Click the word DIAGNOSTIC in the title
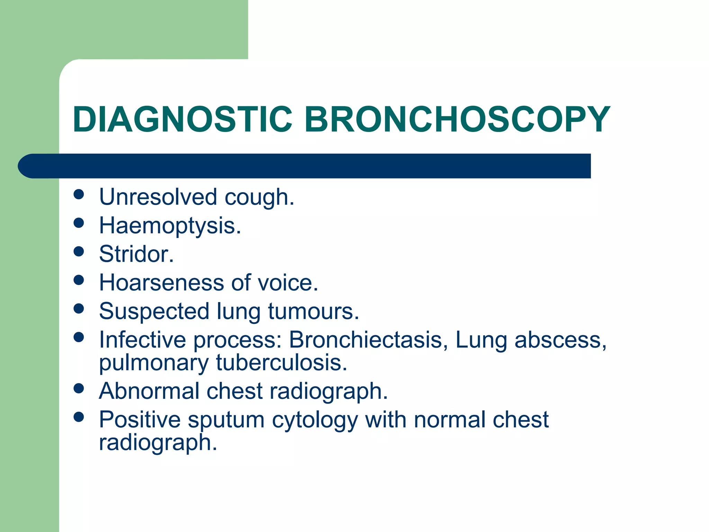pos(182,119)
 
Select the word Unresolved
pos(158,197)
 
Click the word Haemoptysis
pos(170,225)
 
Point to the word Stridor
pos(136,254)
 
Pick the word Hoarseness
pos(161,282)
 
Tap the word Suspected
pos(154,311)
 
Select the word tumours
pos(313,311)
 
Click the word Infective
pos(142,339)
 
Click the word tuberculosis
pos(281,363)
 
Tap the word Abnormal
pos(149,391)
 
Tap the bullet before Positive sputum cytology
pos(79,417)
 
